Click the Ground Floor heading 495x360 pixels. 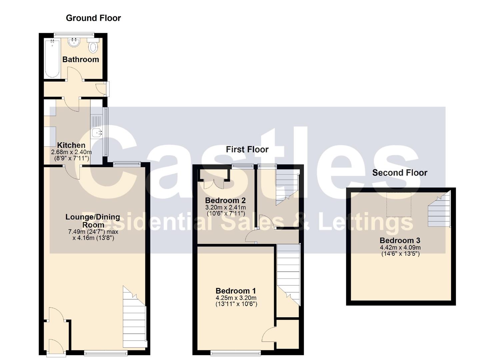[x=93, y=18]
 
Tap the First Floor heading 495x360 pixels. [x=247, y=149]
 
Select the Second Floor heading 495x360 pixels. [x=400, y=173]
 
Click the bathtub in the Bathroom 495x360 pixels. [x=52, y=58]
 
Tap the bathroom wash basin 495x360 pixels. [x=74, y=42]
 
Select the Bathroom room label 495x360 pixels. [x=81, y=59]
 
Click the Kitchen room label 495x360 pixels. [x=71, y=145]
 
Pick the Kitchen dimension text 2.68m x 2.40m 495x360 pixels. [x=71, y=152]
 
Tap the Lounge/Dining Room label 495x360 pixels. [x=93, y=221]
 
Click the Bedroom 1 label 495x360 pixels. [x=236, y=291]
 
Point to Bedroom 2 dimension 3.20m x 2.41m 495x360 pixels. [x=225, y=207]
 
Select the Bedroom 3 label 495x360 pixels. [x=400, y=240]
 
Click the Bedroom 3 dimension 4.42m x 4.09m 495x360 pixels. [x=400, y=248]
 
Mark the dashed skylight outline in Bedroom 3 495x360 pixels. [x=399, y=205]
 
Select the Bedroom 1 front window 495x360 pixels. [x=236, y=353]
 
